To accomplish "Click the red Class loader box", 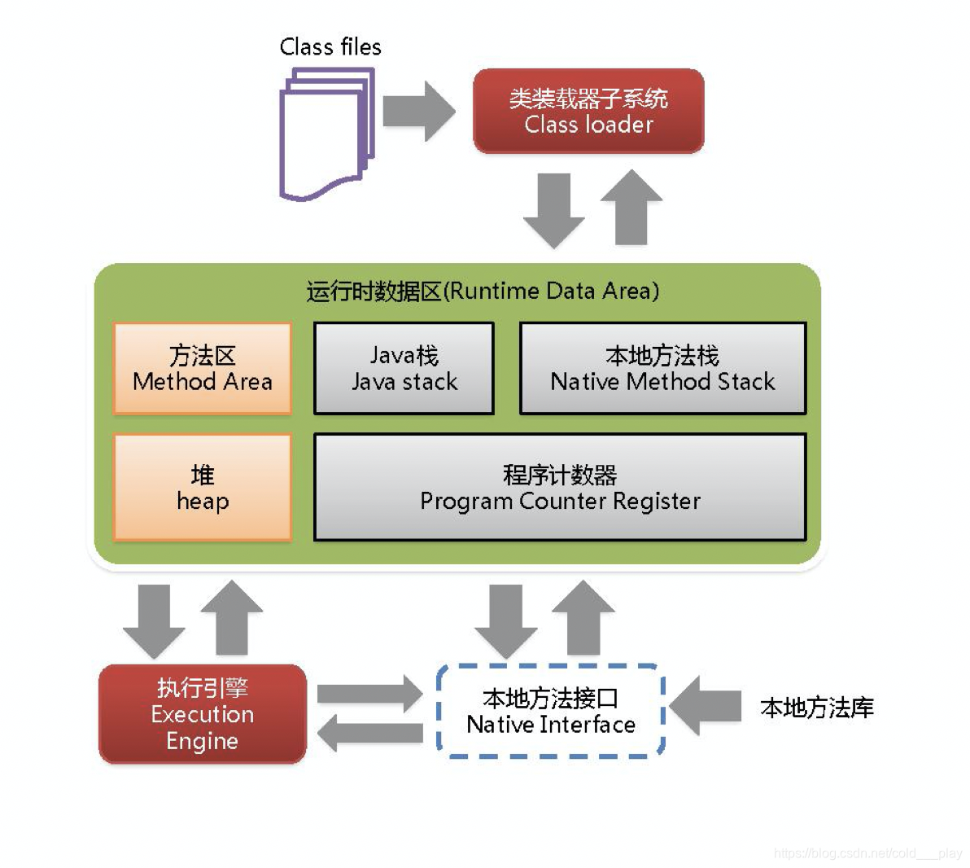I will (588, 111).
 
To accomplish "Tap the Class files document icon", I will (326, 134).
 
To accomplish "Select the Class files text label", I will (330, 47).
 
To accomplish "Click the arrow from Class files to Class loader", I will (418, 111).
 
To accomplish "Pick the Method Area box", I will (202, 369).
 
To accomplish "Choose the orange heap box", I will (202, 487).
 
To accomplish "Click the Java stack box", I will (404, 369).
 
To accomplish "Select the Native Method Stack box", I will (662, 369).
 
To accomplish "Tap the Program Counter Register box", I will (560, 487).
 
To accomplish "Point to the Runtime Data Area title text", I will (483, 291).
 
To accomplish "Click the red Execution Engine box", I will (202, 714).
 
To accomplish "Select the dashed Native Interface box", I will (551, 711).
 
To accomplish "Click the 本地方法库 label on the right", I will (816, 708).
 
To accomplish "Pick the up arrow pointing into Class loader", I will (631, 207).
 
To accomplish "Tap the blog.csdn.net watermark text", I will (867, 853).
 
